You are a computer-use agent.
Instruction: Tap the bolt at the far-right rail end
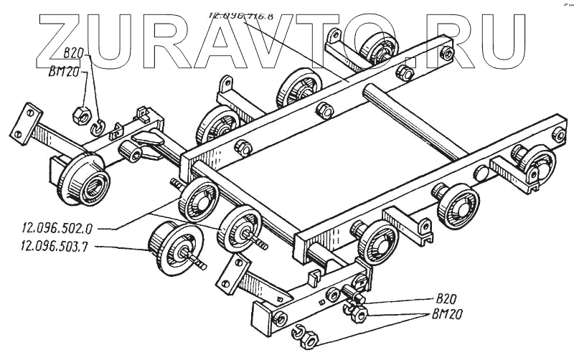(557, 134)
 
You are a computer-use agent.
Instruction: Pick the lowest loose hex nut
(308, 341)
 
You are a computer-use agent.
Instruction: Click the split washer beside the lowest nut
(296, 332)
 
